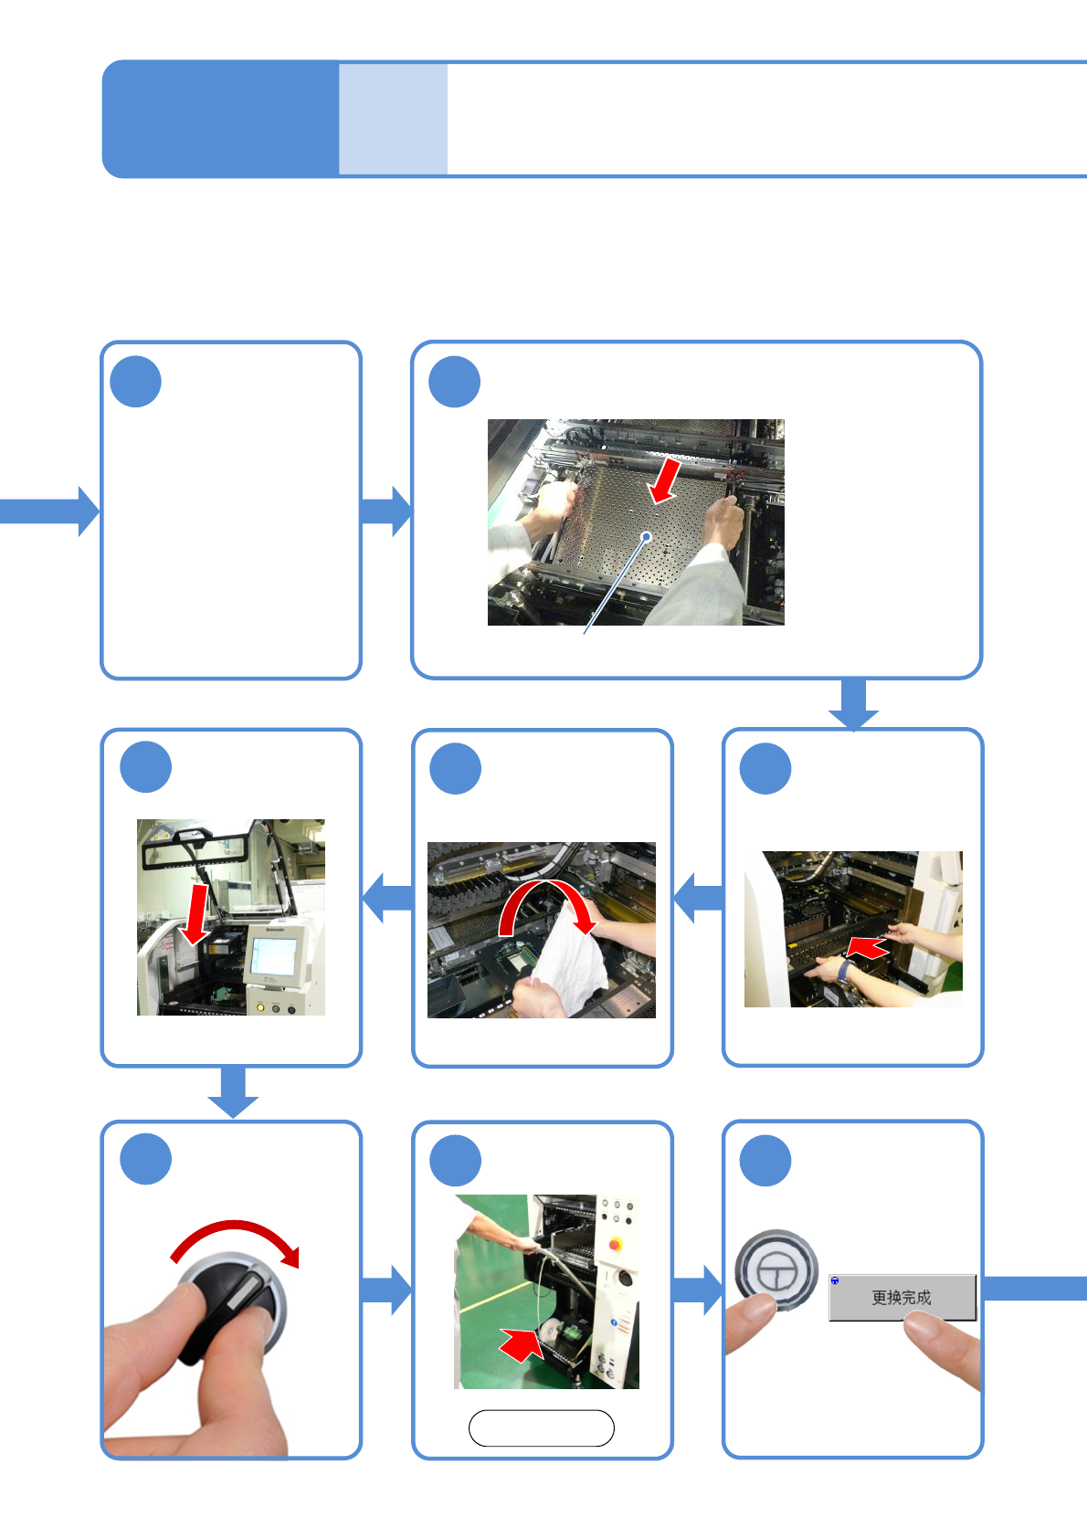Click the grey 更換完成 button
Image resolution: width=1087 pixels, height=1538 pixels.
coord(902,1297)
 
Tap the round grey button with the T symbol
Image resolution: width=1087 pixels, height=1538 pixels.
coord(776,1269)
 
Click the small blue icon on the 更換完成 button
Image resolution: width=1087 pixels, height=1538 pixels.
coord(835,1280)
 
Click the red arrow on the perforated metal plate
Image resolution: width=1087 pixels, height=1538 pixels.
coord(665,480)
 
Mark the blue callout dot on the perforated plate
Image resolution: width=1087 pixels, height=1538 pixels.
coord(647,536)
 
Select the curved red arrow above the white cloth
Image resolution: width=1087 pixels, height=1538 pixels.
coord(546,904)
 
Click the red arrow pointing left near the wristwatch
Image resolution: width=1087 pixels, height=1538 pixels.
coord(868,948)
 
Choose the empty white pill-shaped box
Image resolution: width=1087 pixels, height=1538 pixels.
coord(541,1428)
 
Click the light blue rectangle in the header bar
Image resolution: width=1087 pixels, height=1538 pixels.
coord(393,119)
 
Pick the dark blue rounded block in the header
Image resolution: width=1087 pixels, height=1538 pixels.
coord(220,119)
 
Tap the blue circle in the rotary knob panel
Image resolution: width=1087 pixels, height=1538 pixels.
coord(146,1159)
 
